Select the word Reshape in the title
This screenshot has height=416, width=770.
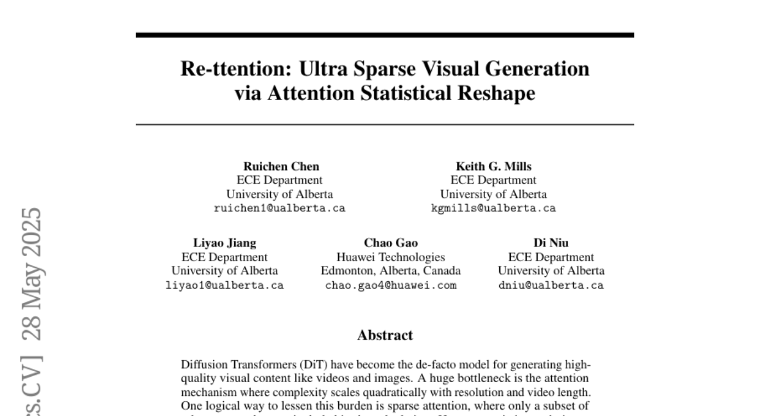497,94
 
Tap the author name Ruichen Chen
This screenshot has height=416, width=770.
281,166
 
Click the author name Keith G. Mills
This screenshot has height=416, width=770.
493,166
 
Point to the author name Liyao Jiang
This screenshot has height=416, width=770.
225,243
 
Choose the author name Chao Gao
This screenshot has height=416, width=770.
391,243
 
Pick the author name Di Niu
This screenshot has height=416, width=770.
551,243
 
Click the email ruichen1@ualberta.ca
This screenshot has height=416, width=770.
280,209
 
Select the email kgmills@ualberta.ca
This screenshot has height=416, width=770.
493,209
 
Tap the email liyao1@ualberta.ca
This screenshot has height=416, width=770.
225,285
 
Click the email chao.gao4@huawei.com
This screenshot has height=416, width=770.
391,285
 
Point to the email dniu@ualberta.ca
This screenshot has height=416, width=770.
551,285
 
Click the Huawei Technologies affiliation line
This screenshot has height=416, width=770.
391,257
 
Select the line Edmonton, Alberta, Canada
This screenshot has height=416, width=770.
391,271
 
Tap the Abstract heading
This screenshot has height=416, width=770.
385,335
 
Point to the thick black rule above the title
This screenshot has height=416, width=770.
385,35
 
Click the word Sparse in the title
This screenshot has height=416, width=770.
384,69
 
